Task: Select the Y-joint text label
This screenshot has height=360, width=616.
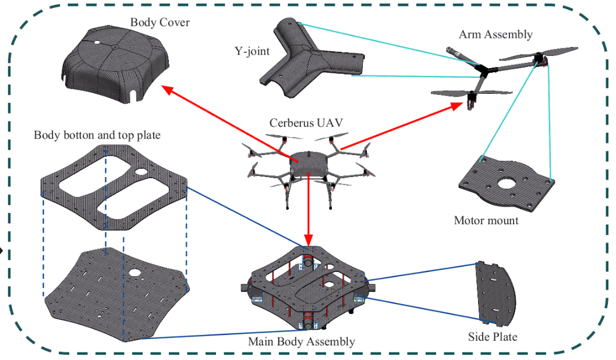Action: point(249,52)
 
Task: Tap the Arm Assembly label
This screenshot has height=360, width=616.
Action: point(495,34)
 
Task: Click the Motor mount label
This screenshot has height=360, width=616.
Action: point(486,221)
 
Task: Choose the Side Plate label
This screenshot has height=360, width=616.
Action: point(492,337)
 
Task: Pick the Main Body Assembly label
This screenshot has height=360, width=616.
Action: point(301,341)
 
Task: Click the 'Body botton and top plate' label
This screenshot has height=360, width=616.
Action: point(97,135)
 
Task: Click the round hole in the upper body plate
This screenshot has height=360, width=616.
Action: point(141,172)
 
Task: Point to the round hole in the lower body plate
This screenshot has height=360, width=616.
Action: point(135,272)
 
